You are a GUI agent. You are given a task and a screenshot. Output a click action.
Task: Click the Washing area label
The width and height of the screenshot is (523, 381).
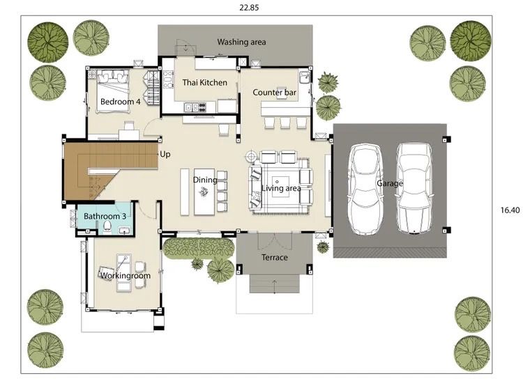point(241,42)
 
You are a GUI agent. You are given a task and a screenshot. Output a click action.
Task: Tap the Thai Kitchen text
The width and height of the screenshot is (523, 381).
point(204,83)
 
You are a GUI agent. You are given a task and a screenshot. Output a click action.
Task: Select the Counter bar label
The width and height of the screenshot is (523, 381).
point(274,92)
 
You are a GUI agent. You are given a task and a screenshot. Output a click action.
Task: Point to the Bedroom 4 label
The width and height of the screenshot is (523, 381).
point(120,102)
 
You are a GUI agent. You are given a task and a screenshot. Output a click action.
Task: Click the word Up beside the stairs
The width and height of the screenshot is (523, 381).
point(165,154)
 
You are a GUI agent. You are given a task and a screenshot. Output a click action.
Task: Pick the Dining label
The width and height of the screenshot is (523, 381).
point(205,180)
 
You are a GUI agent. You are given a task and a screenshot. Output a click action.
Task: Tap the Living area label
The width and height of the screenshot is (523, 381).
point(281,189)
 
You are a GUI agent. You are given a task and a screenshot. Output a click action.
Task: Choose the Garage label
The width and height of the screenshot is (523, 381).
point(390,183)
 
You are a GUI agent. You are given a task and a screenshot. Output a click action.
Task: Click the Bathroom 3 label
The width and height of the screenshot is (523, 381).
point(105,216)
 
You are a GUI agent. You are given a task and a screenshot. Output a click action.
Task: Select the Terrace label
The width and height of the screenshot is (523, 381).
point(275,258)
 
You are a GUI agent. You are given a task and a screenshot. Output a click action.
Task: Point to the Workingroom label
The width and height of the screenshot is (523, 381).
point(126,276)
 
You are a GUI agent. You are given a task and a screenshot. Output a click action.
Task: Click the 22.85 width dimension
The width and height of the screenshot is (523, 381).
point(249,8)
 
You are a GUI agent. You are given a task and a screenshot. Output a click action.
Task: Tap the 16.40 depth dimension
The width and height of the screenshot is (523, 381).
point(510,210)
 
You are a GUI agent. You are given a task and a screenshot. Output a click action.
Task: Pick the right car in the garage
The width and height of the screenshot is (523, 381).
point(414,188)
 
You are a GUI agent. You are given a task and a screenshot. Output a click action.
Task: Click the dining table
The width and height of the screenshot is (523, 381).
point(204,192)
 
